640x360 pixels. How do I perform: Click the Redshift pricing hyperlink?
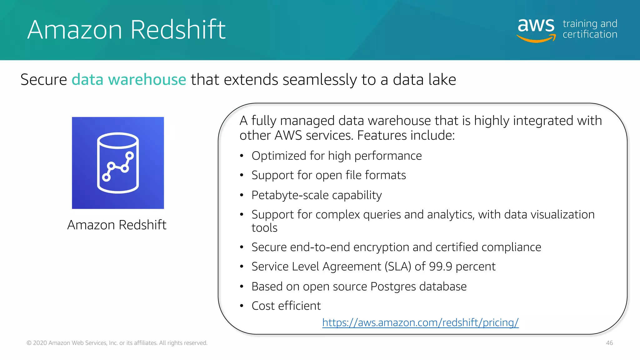(420, 322)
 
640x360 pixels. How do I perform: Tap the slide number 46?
(609, 343)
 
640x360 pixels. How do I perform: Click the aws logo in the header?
(536, 29)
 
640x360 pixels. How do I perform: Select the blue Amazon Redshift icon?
(118, 163)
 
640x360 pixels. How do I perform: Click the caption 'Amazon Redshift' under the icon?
(117, 225)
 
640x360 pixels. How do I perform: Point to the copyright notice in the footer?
(117, 343)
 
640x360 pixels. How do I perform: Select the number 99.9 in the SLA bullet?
(441, 267)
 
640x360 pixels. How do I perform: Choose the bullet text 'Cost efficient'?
(286, 306)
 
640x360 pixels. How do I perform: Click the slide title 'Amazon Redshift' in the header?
(126, 29)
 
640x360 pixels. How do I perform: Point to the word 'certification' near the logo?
(590, 34)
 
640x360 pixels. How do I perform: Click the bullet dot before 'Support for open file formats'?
(242, 175)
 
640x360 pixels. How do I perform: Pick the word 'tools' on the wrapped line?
(264, 228)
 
